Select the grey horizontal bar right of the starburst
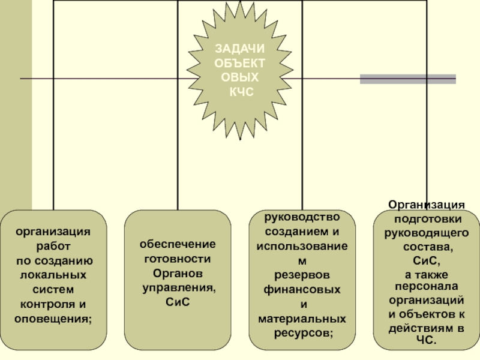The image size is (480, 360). click(407, 79)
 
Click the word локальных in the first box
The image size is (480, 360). click(53, 275)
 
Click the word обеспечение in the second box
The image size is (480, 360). click(178, 244)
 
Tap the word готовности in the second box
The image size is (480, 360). click(178, 259)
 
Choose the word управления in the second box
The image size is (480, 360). click(178, 288)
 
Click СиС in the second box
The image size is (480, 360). click(178, 302)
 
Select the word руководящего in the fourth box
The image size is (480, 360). click(426, 233)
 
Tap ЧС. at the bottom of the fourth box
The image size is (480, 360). click(427, 341)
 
